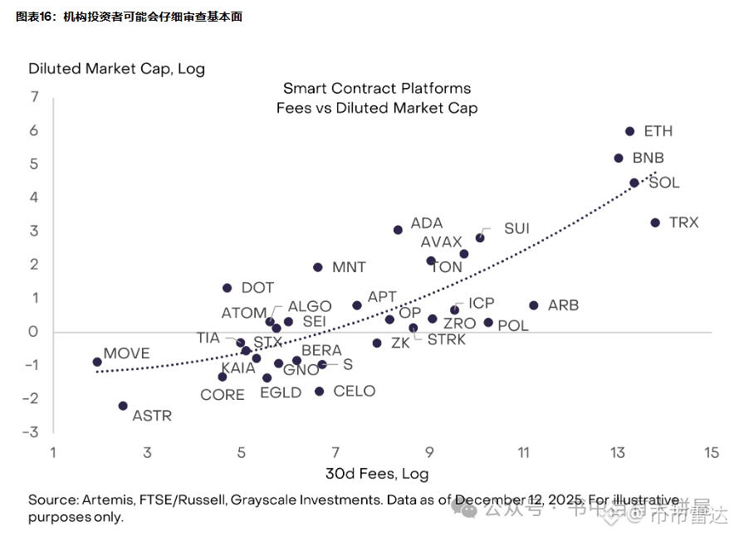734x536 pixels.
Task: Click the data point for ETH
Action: click(x=629, y=131)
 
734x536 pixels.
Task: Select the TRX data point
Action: click(x=654, y=222)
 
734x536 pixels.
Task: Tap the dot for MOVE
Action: click(x=97, y=362)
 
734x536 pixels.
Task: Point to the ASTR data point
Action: click(x=123, y=406)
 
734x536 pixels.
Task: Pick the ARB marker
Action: click(x=533, y=305)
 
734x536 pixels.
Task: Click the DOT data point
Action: click(x=227, y=288)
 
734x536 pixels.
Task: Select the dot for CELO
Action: click(x=319, y=391)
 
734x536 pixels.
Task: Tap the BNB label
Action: click(x=648, y=158)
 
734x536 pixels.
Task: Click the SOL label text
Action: click(x=664, y=183)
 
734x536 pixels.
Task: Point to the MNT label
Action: click(x=349, y=267)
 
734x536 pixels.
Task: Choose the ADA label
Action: click(x=427, y=223)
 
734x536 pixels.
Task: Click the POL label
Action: click(x=512, y=326)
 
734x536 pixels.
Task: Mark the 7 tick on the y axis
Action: click(x=34, y=97)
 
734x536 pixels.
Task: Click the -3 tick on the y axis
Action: click(x=31, y=432)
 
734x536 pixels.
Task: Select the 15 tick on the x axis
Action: click(x=711, y=453)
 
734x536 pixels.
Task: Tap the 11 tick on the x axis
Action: click(x=524, y=453)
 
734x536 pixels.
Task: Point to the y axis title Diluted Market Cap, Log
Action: click(x=116, y=69)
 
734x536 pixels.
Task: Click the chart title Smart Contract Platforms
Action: click(x=377, y=88)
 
